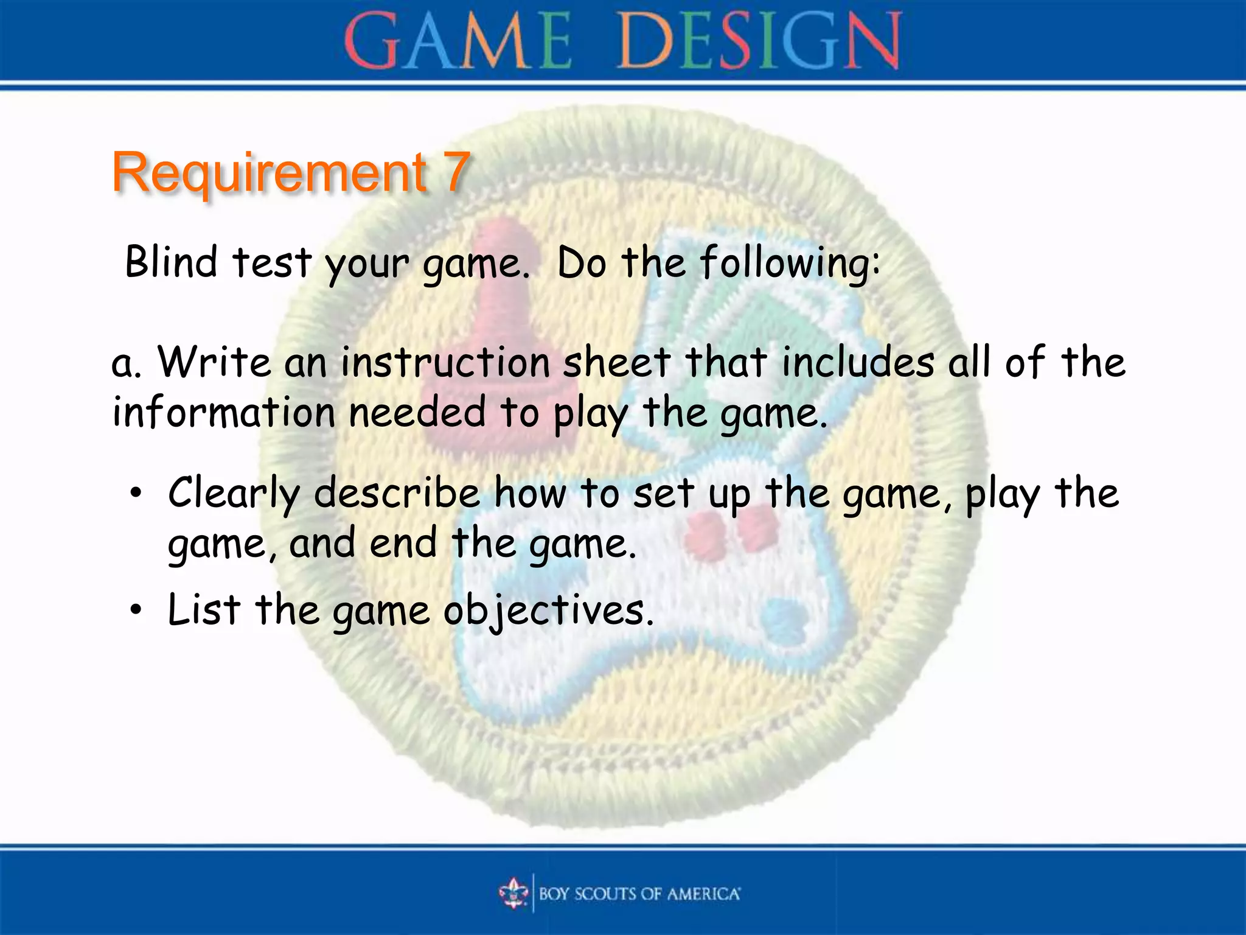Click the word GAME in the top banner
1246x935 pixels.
[x=458, y=41]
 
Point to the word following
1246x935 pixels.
[x=789, y=264]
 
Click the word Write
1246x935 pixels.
[x=214, y=362]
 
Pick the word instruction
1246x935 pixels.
[x=445, y=362]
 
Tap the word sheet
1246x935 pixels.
[x=617, y=362]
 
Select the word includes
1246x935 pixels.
[x=858, y=362]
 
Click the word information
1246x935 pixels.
[x=224, y=412]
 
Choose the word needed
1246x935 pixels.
[x=418, y=412]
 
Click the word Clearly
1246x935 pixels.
[x=234, y=494]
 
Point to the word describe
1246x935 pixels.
[x=397, y=493]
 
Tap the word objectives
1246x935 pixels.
[x=549, y=611]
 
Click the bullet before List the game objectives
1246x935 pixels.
[x=136, y=609]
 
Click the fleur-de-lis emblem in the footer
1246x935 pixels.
[x=514, y=893]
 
